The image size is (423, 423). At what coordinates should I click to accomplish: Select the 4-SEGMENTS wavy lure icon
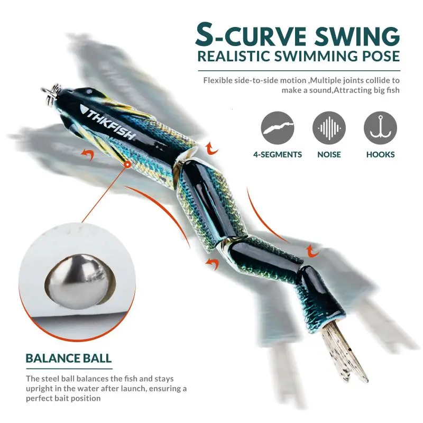(x=278, y=128)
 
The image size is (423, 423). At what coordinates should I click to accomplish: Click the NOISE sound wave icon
(x=329, y=128)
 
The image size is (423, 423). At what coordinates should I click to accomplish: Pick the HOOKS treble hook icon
(x=380, y=128)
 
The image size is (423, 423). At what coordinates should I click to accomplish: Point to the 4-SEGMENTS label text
(x=278, y=154)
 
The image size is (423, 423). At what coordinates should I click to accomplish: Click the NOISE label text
(x=329, y=154)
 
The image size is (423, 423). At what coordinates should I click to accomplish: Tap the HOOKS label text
(x=380, y=154)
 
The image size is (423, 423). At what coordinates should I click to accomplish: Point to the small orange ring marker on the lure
(x=127, y=164)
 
